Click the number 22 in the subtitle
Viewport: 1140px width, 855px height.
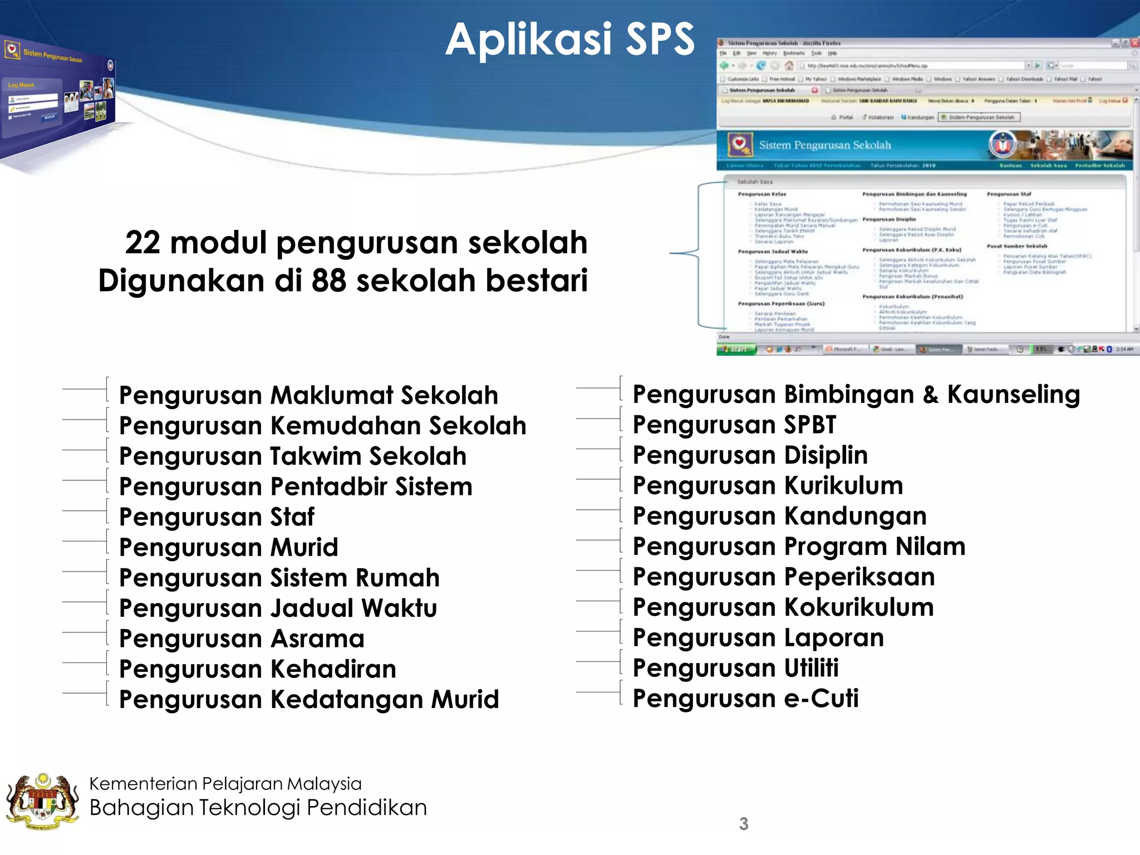(142, 243)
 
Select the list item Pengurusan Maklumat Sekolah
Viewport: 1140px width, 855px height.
(308, 395)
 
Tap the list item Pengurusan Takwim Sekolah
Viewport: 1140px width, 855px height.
(293, 456)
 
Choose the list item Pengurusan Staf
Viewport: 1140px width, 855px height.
(217, 517)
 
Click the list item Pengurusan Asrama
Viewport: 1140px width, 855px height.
(242, 638)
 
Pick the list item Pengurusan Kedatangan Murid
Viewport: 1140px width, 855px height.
(309, 700)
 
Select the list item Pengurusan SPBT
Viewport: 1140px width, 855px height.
(734, 425)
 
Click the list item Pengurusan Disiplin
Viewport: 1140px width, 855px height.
(750, 455)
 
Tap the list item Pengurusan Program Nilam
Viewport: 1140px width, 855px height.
(799, 547)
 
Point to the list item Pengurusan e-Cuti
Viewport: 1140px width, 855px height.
(745, 699)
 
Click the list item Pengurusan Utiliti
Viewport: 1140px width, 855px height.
(735, 668)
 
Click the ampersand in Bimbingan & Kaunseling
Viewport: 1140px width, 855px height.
(930, 395)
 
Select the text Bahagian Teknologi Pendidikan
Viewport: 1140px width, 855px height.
(258, 808)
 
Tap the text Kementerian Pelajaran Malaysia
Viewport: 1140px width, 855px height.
(225, 784)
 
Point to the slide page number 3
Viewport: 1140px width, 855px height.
(744, 824)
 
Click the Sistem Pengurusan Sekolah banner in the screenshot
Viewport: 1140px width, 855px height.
(825, 145)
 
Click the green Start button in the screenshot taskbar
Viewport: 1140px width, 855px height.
(736, 350)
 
